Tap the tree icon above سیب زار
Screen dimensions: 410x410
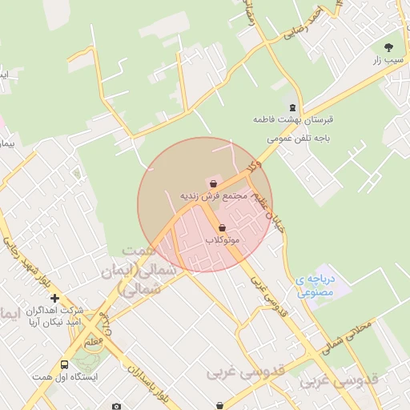point(389,47)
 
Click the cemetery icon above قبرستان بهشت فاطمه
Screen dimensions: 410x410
point(292,107)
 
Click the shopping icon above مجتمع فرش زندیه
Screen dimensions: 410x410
point(212,183)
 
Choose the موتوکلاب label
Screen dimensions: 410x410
point(222,239)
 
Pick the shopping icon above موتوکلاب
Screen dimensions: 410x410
point(222,228)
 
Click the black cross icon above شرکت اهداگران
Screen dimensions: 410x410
point(54,298)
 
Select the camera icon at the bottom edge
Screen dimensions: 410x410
point(117,406)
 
